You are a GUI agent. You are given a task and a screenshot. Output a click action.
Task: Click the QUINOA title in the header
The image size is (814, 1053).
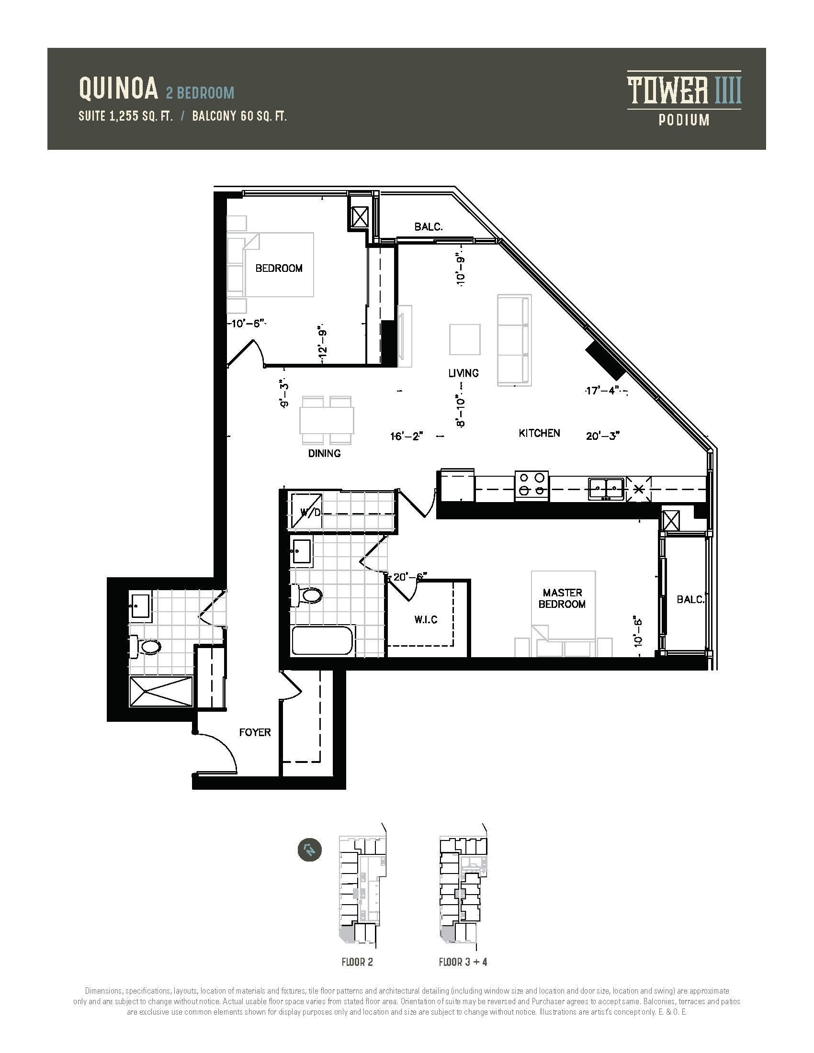[x=119, y=89]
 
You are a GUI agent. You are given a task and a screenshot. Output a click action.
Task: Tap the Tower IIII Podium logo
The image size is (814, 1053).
[x=684, y=99]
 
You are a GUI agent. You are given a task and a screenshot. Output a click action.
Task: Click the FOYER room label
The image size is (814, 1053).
[x=255, y=732]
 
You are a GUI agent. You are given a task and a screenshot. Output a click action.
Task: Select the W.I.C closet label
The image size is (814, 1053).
[x=426, y=619]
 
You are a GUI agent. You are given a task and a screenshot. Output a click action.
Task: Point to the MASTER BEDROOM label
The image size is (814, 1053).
[x=562, y=598]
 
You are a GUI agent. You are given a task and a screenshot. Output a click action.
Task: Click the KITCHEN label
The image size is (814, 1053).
[x=540, y=433]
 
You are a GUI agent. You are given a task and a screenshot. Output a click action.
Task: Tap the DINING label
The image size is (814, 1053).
[x=325, y=453]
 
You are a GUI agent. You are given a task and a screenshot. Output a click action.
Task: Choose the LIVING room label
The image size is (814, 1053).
[x=464, y=373]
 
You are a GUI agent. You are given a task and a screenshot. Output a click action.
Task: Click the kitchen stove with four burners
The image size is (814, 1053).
[x=531, y=485]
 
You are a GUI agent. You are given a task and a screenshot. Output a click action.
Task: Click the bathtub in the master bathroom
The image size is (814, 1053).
[x=323, y=640]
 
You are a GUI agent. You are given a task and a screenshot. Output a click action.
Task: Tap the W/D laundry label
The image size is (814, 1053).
[x=311, y=513]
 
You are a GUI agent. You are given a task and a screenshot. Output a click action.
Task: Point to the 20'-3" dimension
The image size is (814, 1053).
[x=603, y=436]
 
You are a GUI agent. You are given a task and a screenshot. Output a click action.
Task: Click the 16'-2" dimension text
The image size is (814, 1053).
[x=407, y=437]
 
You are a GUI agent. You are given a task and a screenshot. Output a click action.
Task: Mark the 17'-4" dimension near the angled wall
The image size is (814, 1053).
[x=602, y=391]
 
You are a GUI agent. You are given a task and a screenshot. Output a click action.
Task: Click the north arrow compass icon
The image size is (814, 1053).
[x=310, y=863]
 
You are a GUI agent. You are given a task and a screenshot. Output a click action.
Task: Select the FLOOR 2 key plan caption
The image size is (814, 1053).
[x=357, y=962]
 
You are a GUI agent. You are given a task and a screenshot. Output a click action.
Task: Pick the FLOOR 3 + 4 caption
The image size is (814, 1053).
[x=463, y=962]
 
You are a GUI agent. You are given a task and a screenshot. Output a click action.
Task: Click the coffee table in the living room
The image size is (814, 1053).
[x=465, y=339]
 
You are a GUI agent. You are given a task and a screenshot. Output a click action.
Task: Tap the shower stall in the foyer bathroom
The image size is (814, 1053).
[x=161, y=692]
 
